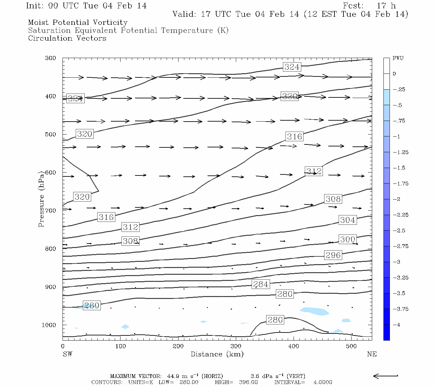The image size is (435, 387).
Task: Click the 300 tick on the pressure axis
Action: tap(51, 58)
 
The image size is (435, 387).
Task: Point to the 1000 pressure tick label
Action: tap(49, 325)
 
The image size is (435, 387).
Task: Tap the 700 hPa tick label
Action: tap(51, 211)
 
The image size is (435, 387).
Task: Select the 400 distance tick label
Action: tap(294, 346)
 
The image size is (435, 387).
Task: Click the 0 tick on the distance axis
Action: tap(63, 346)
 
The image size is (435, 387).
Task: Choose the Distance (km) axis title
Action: tap(217, 354)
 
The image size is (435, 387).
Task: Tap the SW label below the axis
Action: tap(67, 354)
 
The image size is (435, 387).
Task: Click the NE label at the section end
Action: tap(372, 354)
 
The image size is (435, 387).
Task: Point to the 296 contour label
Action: tap(333, 255)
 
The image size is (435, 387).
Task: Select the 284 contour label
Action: tap(260, 284)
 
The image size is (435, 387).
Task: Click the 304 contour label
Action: tap(347, 220)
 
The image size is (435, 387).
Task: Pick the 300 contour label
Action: tap(347, 239)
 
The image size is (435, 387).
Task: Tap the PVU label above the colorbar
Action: tap(398, 58)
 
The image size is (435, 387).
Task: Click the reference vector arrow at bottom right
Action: tap(385, 376)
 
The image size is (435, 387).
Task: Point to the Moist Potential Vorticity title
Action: tap(78, 23)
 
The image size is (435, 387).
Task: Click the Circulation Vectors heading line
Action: tap(67, 38)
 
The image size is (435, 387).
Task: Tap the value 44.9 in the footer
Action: tap(173, 376)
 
